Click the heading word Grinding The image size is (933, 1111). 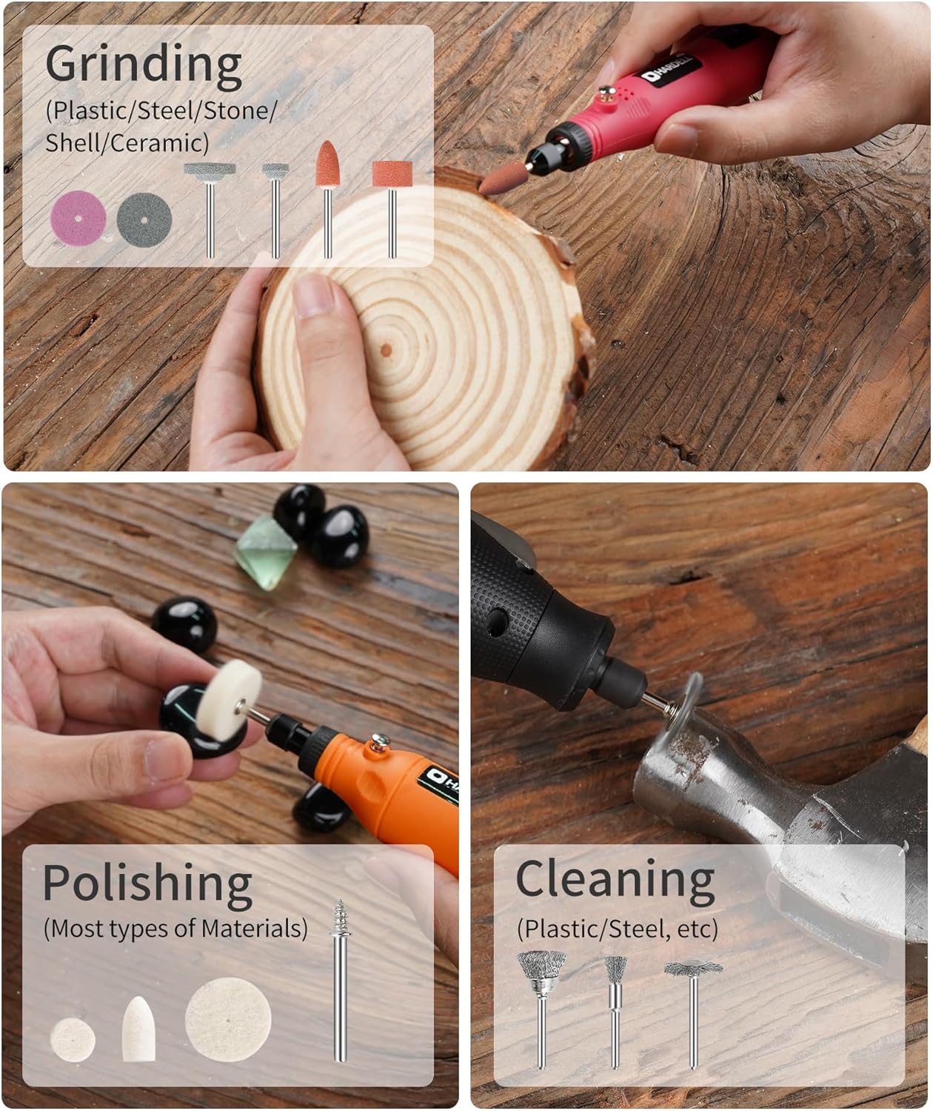(x=144, y=65)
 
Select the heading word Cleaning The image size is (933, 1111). (x=615, y=880)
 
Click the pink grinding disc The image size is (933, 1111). (x=78, y=218)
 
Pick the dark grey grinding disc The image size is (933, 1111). (x=144, y=220)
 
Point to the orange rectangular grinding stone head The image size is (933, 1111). (x=392, y=174)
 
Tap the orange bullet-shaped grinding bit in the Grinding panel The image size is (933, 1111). (x=328, y=164)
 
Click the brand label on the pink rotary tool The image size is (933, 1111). (x=670, y=70)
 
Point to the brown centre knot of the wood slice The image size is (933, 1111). (x=387, y=350)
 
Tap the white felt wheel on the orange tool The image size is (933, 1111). (x=230, y=700)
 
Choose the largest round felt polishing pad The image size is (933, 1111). (x=228, y=1019)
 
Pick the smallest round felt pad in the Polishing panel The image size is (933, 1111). (x=73, y=1040)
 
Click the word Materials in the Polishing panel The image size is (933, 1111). (x=254, y=929)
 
